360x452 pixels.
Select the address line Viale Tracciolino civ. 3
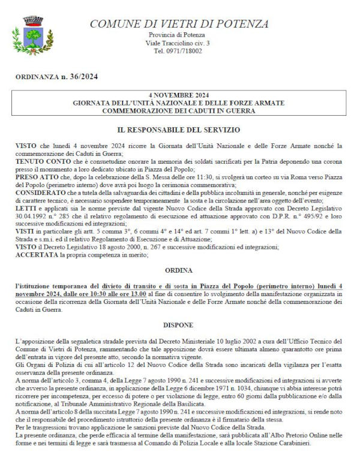pyautogui.click(x=178, y=44)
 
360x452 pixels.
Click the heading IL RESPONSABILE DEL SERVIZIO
pyautogui.click(x=179, y=129)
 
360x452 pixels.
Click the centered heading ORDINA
pyautogui.click(x=179, y=270)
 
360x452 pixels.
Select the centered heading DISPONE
pyautogui.click(x=179, y=324)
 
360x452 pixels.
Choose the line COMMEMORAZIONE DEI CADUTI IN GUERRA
pyautogui.click(x=178, y=111)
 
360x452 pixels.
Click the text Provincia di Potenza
pyautogui.click(x=178, y=36)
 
